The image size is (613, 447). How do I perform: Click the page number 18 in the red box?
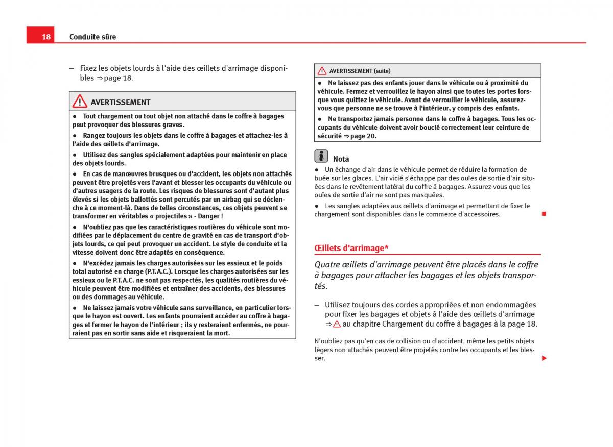pos(46,37)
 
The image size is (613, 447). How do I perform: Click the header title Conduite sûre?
pos(92,37)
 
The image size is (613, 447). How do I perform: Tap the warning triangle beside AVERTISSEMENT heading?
pos(80,102)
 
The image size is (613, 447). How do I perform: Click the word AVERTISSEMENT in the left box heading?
pos(121,102)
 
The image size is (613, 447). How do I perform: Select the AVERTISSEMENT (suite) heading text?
pos(360,71)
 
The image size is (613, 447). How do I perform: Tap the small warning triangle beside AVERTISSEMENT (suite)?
pos(322,71)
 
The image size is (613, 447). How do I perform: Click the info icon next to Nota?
pos(321,156)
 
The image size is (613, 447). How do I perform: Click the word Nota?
pos(341,159)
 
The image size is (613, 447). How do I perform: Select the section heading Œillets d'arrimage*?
pos(351,248)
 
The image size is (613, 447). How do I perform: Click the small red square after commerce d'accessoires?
pos(544,213)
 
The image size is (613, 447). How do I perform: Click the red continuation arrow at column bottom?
pos(544,358)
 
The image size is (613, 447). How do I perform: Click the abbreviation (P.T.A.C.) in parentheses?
pos(158,271)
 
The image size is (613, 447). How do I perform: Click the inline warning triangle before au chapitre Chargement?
pos(337,324)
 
